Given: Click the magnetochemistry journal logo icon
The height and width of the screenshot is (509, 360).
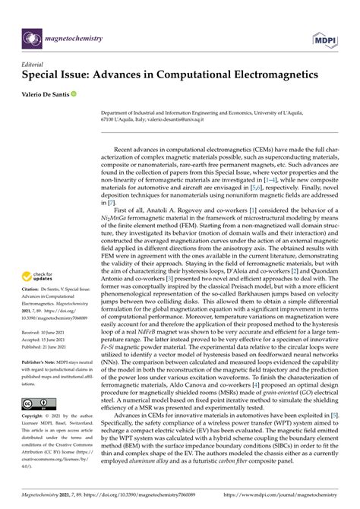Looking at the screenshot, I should click(x=32, y=36).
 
